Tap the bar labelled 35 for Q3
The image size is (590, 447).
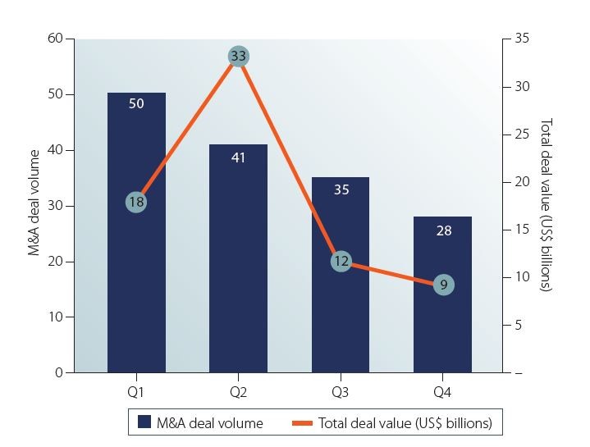point(341,312)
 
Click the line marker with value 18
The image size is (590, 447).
point(136,202)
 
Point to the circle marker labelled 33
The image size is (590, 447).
point(239,57)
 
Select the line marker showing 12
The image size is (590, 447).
point(341,262)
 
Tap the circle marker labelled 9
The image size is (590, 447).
point(443,285)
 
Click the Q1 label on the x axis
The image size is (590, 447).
point(136,392)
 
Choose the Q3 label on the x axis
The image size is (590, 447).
point(341,392)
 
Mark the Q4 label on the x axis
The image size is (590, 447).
point(443,392)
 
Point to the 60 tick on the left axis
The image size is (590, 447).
point(56,39)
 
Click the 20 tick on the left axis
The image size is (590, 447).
point(56,262)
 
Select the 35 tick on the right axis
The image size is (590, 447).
point(522,39)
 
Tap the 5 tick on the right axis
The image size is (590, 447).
point(518,326)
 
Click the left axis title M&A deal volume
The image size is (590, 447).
point(34,203)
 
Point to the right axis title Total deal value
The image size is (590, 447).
point(546,205)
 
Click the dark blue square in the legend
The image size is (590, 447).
point(144,422)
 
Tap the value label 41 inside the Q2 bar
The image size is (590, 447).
point(239,157)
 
